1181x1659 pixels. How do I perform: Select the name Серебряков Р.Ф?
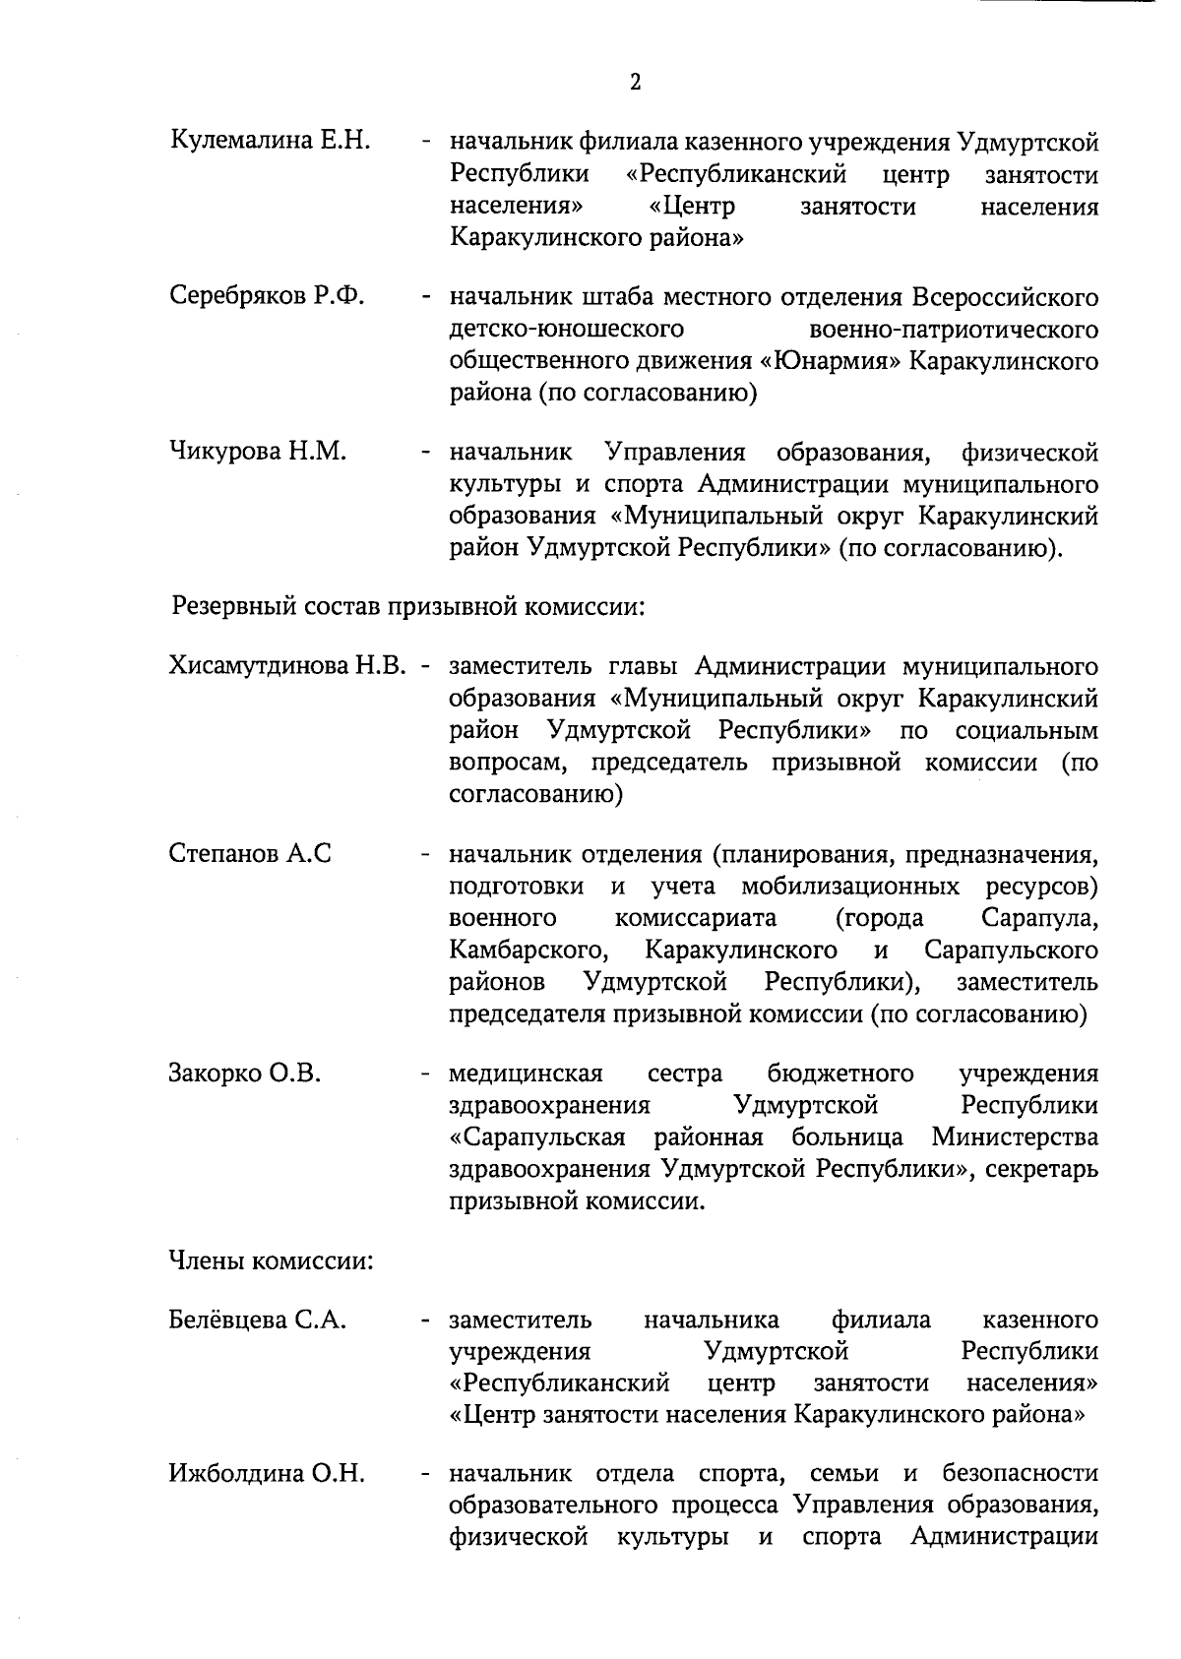267,295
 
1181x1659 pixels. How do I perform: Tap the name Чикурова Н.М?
257,452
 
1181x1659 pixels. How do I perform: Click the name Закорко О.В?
245,1072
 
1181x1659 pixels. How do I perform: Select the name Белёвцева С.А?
257,1319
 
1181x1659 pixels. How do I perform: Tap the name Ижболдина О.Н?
267,1473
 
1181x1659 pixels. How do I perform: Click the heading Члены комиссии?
271,1260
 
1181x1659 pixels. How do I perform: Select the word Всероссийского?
1004,296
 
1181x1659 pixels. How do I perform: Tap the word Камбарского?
526,950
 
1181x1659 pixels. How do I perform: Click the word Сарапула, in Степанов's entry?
1039,918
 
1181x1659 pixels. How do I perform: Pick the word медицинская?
526,1073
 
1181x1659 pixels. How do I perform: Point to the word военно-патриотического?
952,329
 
